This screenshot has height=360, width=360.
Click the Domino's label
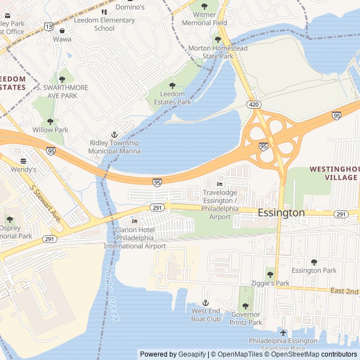coord(130,7)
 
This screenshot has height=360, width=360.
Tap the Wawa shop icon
coord(62,30)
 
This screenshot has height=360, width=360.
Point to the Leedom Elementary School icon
coord(104,12)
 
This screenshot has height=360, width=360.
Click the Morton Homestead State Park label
coord(218,52)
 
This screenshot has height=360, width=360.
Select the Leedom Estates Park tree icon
coord(172,85)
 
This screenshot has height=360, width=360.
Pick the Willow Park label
coord(50,130)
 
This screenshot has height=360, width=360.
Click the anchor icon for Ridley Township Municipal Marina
coord(114,134)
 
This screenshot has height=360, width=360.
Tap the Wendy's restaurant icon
coord(23,160)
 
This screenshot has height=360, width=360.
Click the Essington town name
coord(281,213)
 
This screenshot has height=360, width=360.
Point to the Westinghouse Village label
coord(334,173)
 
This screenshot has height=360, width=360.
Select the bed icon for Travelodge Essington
coord(219,184)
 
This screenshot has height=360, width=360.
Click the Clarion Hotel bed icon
coord(134,221)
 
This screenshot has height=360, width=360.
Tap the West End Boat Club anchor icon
coord(205,303)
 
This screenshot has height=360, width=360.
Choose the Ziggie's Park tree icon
coord(270,274)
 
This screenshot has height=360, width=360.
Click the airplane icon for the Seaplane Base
coord(283,332)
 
